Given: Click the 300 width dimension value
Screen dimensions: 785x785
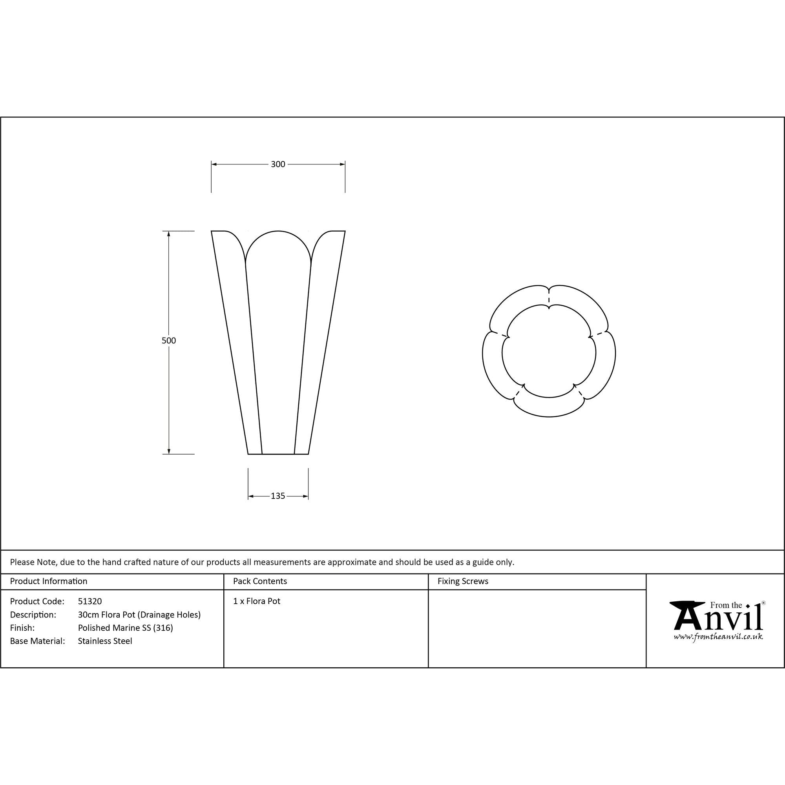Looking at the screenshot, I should (278, 164).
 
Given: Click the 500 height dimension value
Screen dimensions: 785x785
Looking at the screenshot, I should (169, 340).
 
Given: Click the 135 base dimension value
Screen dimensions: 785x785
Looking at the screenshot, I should (278, 496).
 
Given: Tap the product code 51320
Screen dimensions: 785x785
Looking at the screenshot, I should (90, 601).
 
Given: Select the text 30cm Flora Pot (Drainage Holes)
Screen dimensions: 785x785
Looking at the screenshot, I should (139, 615).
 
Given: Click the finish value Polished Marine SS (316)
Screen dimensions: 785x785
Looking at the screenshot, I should (126, 628).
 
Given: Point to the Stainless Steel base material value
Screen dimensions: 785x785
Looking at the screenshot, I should (105, 641).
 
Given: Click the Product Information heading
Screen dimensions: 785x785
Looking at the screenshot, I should (48, 581).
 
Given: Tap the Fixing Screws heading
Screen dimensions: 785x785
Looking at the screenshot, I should (463, 581).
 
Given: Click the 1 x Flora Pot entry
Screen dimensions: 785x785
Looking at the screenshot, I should (257, 601).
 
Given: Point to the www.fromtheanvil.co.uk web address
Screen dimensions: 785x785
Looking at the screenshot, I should (718, 637).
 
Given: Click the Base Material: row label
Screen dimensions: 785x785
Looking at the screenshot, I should (37, 641).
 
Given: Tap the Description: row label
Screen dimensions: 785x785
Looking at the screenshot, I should (33, 615).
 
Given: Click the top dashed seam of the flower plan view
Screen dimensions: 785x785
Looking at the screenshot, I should (549, 298).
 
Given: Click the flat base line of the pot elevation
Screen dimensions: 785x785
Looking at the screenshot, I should (278, 454).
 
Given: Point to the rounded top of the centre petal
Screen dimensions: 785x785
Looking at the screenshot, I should (278, 232).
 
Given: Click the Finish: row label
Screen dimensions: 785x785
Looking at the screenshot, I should (22, 628).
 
